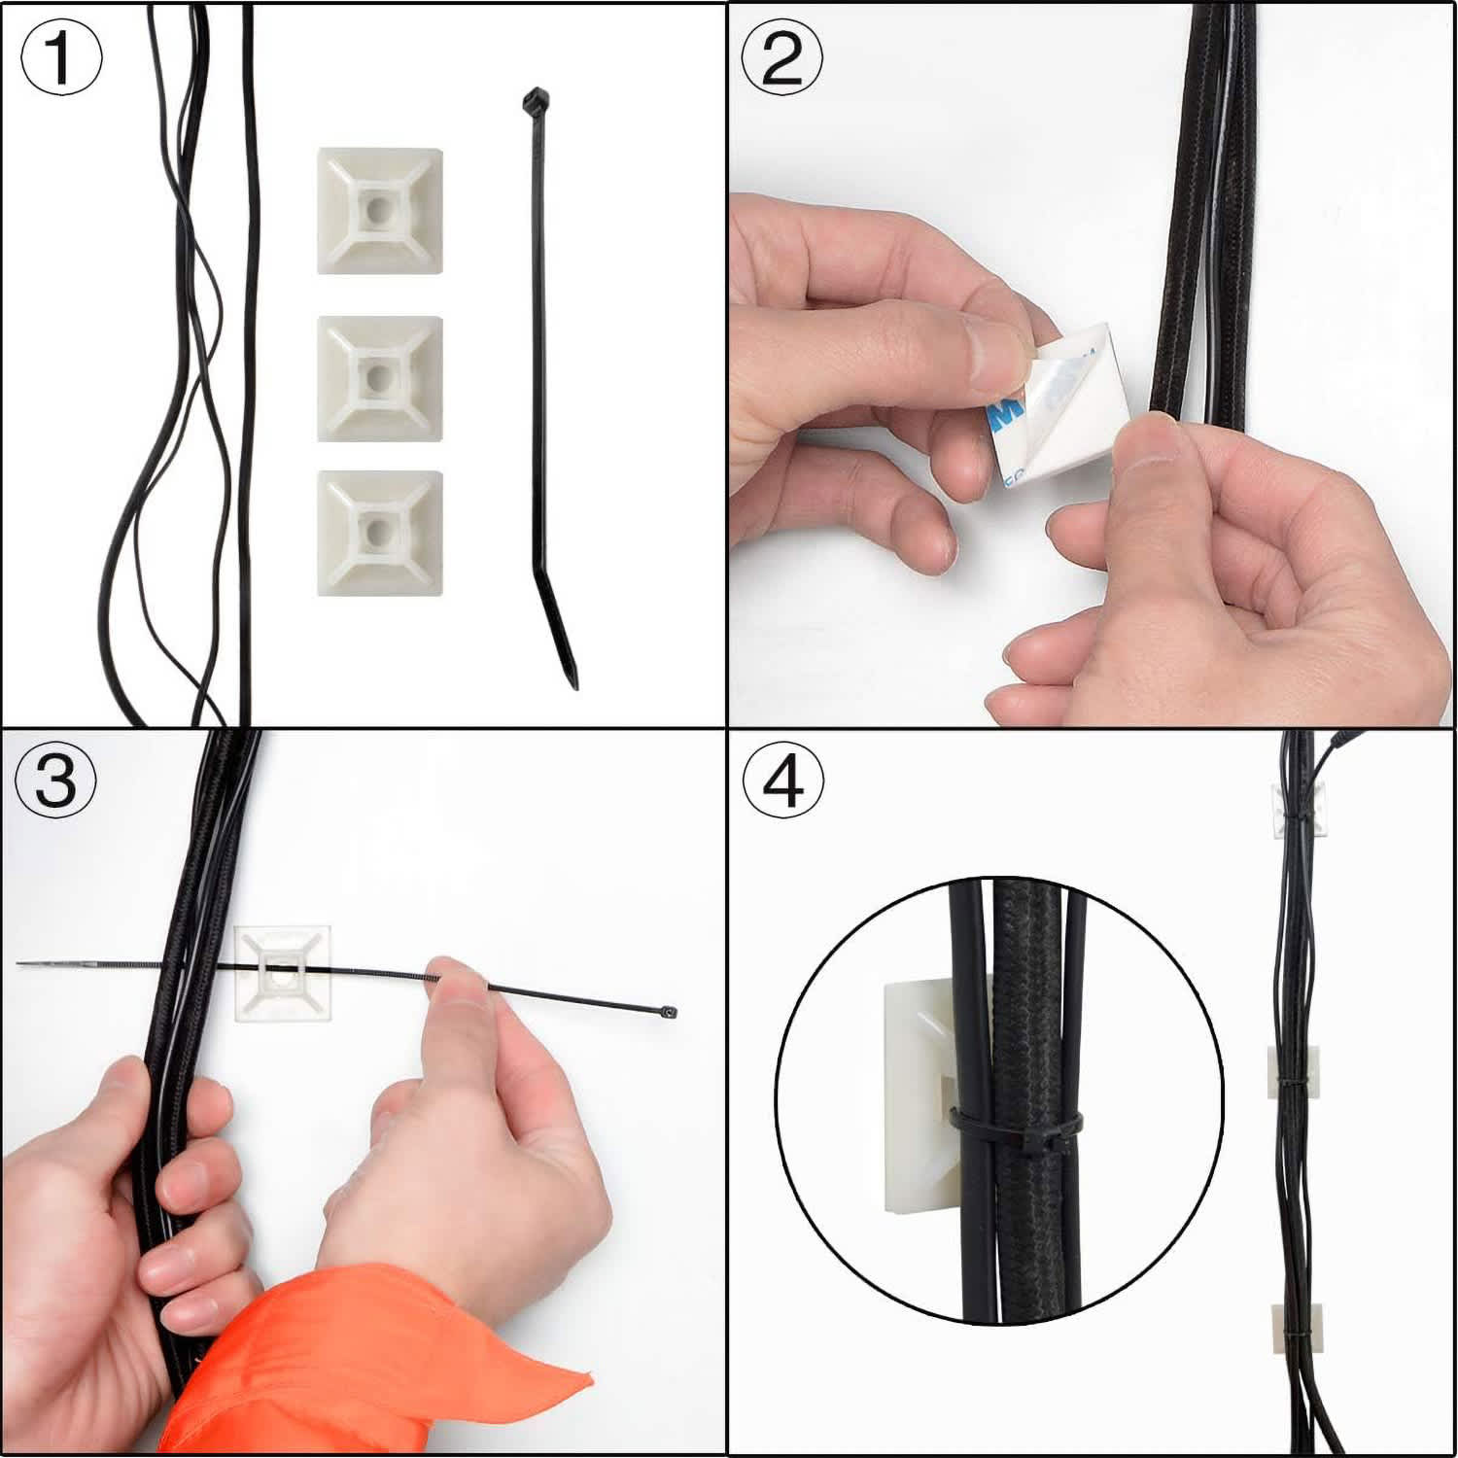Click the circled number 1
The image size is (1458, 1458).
(x=61, y=58)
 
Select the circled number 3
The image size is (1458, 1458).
(x=56, y=780)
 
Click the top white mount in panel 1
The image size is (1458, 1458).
(x=380, y=211)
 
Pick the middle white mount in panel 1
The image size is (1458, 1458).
(x=380, y=377)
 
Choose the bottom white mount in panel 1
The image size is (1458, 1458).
(x=380, y=532)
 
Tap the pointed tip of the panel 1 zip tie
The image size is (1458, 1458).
(x=573, y=680)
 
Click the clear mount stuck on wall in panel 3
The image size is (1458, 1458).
(x=284, y=972)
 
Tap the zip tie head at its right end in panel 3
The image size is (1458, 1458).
(x=667, y=1013)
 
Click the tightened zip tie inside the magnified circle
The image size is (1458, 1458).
(x=1016, y=1130)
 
